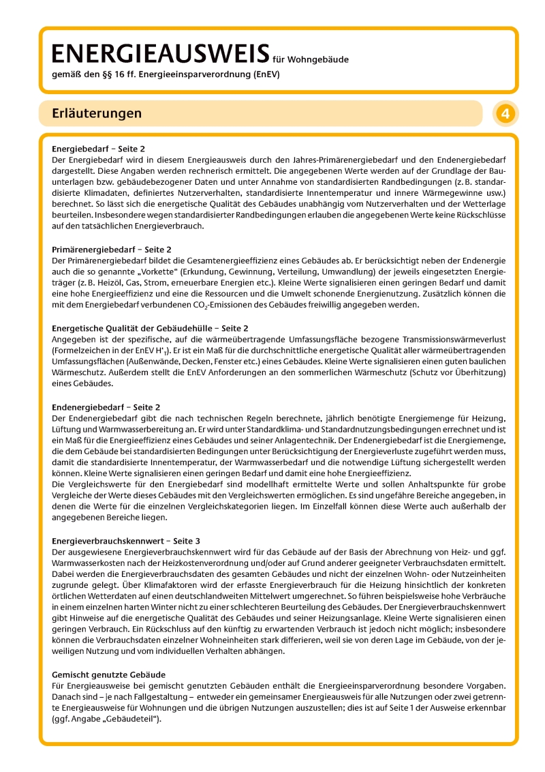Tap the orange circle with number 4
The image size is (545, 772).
(505, 114)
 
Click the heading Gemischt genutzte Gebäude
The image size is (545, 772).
(109, 674)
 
